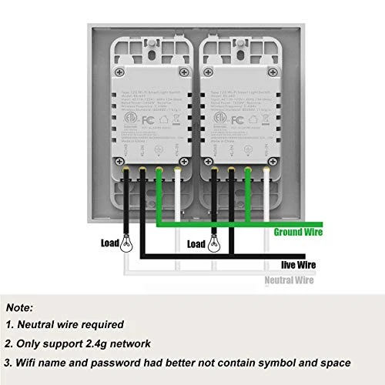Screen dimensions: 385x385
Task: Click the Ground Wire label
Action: (297, 232)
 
